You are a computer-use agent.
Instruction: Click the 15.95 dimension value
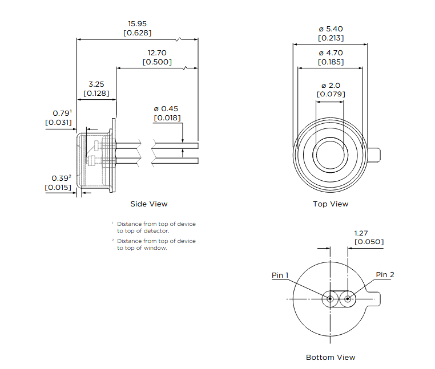coord(138,24)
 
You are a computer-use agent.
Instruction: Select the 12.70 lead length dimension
coord(157,53)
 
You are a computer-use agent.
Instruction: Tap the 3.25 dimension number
coord(96,84)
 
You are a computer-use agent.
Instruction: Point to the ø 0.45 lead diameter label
coord(166,109)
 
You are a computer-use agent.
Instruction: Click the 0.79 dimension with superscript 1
coord(62,113)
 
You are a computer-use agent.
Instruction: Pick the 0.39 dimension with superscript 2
coord(61,178)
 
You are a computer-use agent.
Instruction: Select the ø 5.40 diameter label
coord(331,29)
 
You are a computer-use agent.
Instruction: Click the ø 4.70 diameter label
coord(331,53)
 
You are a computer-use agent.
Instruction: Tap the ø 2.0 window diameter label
coord(331,86)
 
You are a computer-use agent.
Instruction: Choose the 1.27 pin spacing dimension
coord(361,233)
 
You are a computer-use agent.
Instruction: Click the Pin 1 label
coord(280,275)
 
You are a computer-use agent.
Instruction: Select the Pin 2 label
coord(385,275)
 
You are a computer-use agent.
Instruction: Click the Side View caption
coord(149,204)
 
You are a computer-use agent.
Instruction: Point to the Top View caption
coord(331,204)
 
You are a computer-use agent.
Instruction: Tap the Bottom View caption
coord(331,358)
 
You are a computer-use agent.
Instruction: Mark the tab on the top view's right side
coord(374,155)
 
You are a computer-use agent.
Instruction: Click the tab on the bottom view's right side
coord(374,299)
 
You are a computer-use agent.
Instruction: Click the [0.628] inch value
coord(138,33)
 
